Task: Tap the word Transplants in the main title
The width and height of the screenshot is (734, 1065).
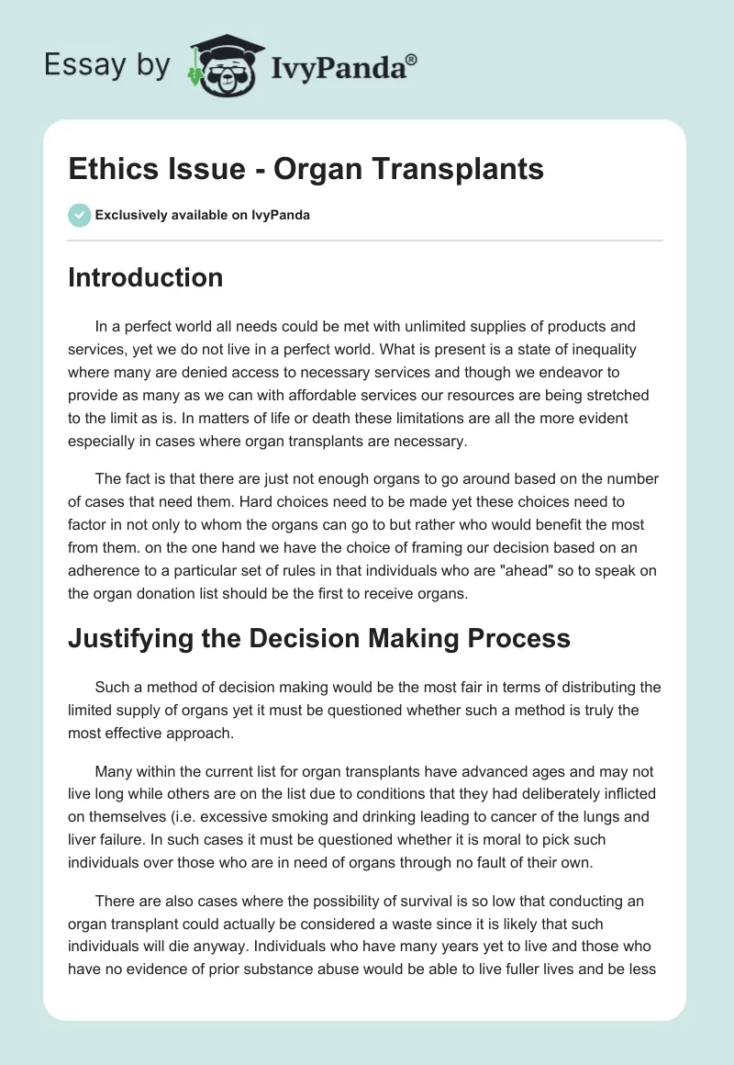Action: click(465, 169)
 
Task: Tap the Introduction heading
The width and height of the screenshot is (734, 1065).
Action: click(145, 277)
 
